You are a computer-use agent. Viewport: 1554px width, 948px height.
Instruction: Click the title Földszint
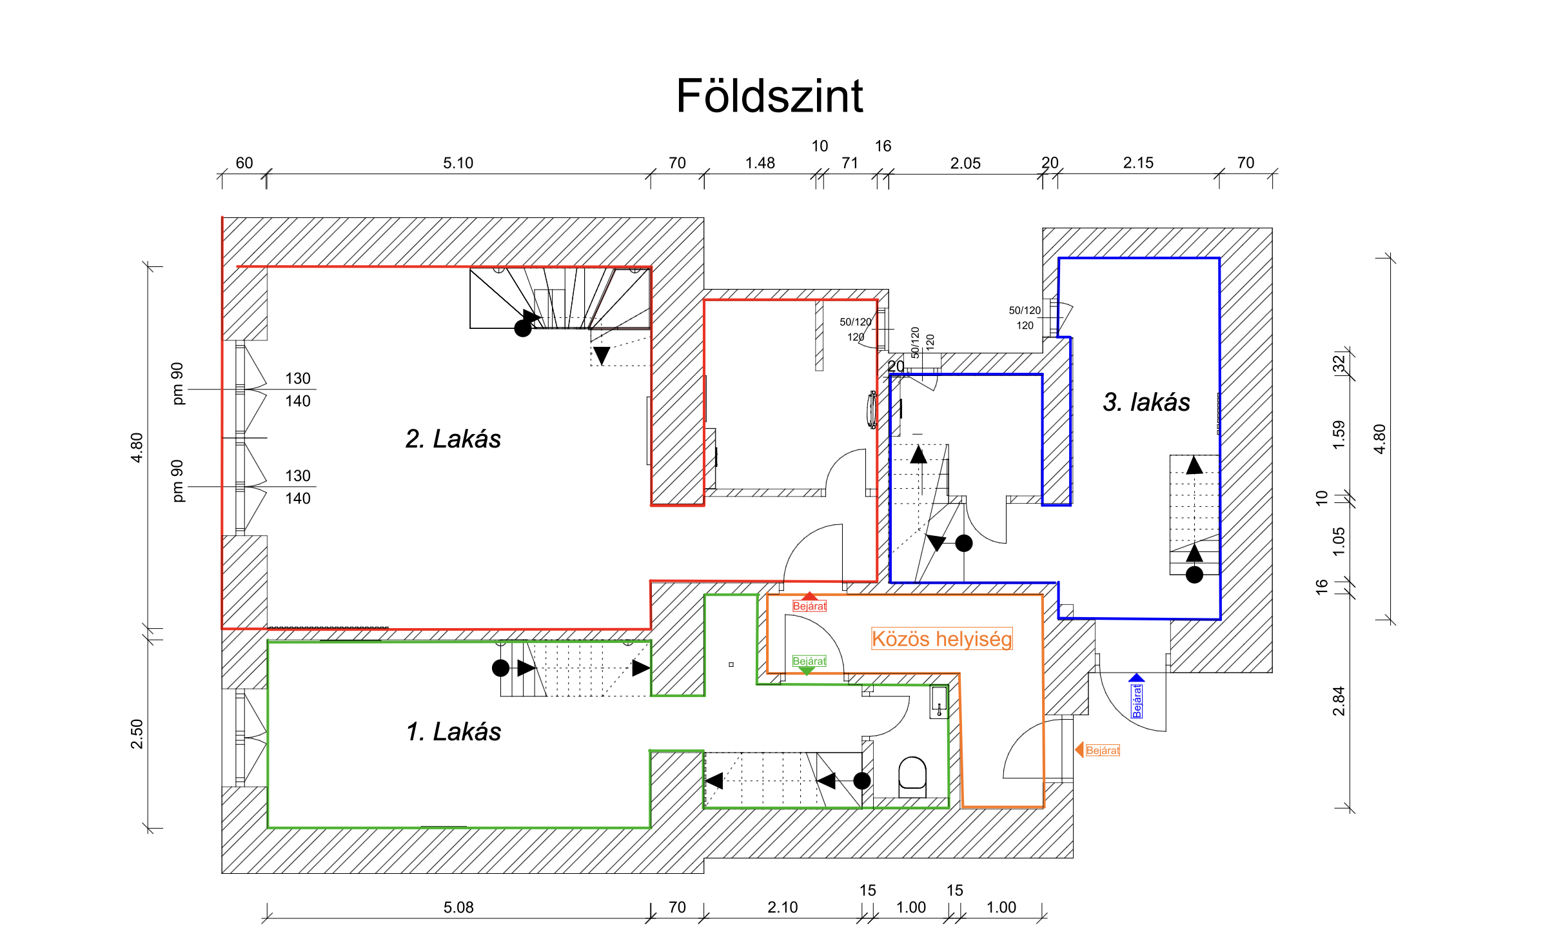point(769,96)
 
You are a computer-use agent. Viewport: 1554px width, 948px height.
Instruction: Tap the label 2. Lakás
point(453,439)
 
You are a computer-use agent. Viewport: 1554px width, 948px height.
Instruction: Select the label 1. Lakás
point(453,732)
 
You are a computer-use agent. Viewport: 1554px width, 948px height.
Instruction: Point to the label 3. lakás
point(1146,402)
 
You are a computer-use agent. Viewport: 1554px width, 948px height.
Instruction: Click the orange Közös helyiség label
point(941,638)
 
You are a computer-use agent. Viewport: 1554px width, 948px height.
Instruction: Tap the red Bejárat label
point(809,606)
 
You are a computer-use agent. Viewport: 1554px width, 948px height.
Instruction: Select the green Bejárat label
point(809,661)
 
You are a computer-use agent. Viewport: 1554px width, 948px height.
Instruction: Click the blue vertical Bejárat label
point(1137,701)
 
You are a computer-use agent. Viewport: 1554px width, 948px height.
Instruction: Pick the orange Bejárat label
point(1103,750)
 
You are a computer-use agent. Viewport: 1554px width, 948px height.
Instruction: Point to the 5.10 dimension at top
point(458,163)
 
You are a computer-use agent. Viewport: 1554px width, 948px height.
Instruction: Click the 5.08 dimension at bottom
point(458,907)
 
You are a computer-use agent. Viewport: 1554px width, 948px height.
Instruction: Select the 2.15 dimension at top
point(1138,163)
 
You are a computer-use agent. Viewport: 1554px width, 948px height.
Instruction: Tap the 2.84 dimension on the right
point(1339,701)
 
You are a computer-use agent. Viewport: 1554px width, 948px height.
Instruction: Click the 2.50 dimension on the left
point(137,734)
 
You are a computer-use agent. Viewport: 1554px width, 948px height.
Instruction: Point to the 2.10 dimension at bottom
point(782,907)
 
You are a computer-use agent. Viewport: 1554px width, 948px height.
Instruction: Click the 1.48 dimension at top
point(760,163)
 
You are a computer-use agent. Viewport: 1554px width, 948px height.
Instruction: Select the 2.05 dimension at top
point(965,163)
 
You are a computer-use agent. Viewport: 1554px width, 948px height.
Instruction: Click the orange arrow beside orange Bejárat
point(1079,749)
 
